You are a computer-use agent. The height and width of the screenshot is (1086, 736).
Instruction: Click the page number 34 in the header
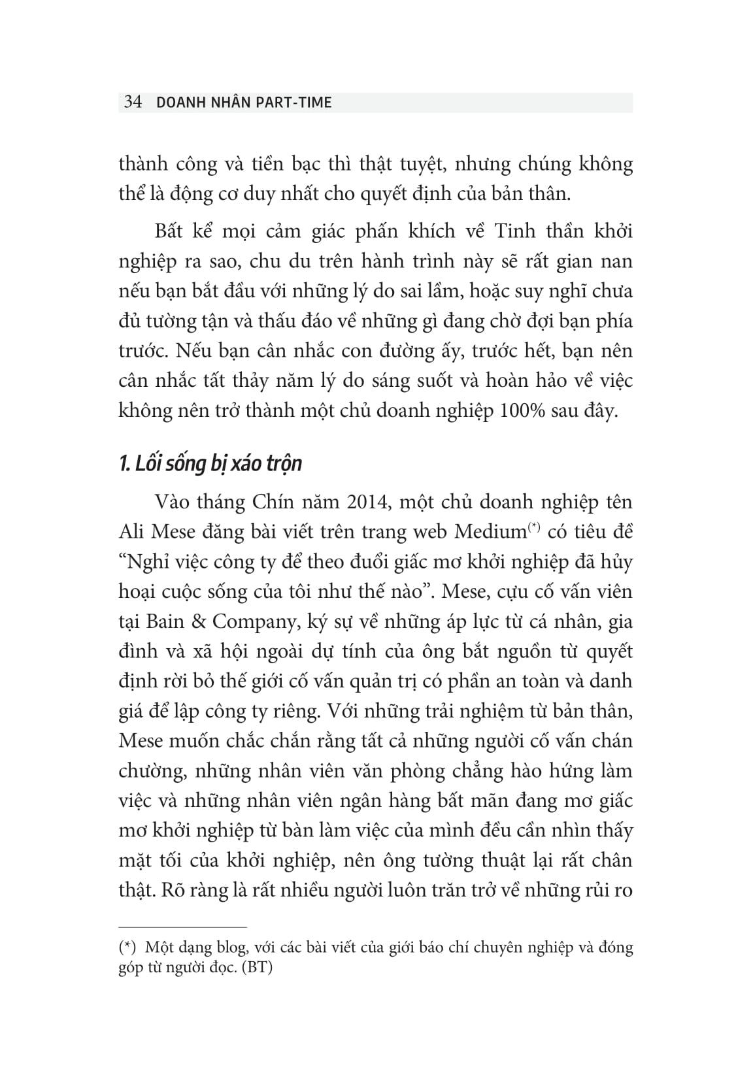132,103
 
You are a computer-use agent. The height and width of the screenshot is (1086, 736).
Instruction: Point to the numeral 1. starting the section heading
125,463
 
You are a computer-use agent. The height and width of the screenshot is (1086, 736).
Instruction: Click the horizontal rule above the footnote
183,927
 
